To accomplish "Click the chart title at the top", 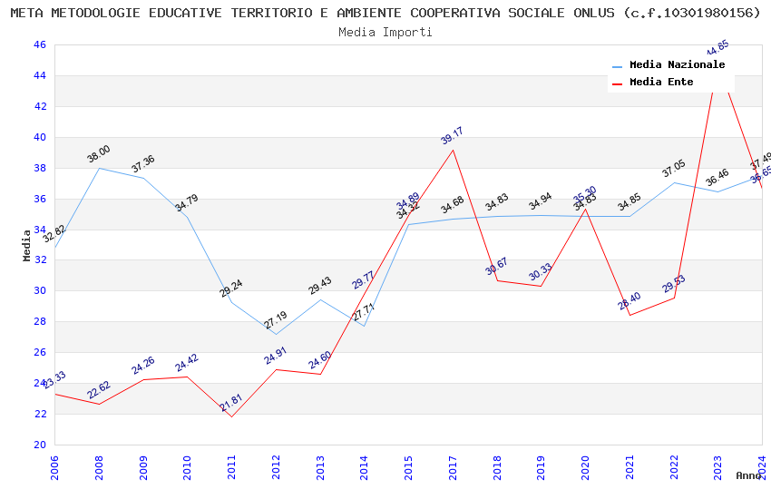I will (385, 13).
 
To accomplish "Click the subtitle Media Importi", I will (385, 32).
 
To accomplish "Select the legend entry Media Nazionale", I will (677, 64).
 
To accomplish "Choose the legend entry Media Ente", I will (661, 82).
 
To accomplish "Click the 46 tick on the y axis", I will (39, 44).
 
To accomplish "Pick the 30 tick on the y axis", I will (39, 290).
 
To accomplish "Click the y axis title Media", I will (27, 245).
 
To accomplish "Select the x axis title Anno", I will (748, 475).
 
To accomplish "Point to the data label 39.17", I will (452, 135).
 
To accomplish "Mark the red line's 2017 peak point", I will (453, 150).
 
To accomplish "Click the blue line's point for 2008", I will (99, 168).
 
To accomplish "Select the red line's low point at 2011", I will (231, 416).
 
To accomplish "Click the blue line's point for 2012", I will (276, 334).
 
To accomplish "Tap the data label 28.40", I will (629, 300).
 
